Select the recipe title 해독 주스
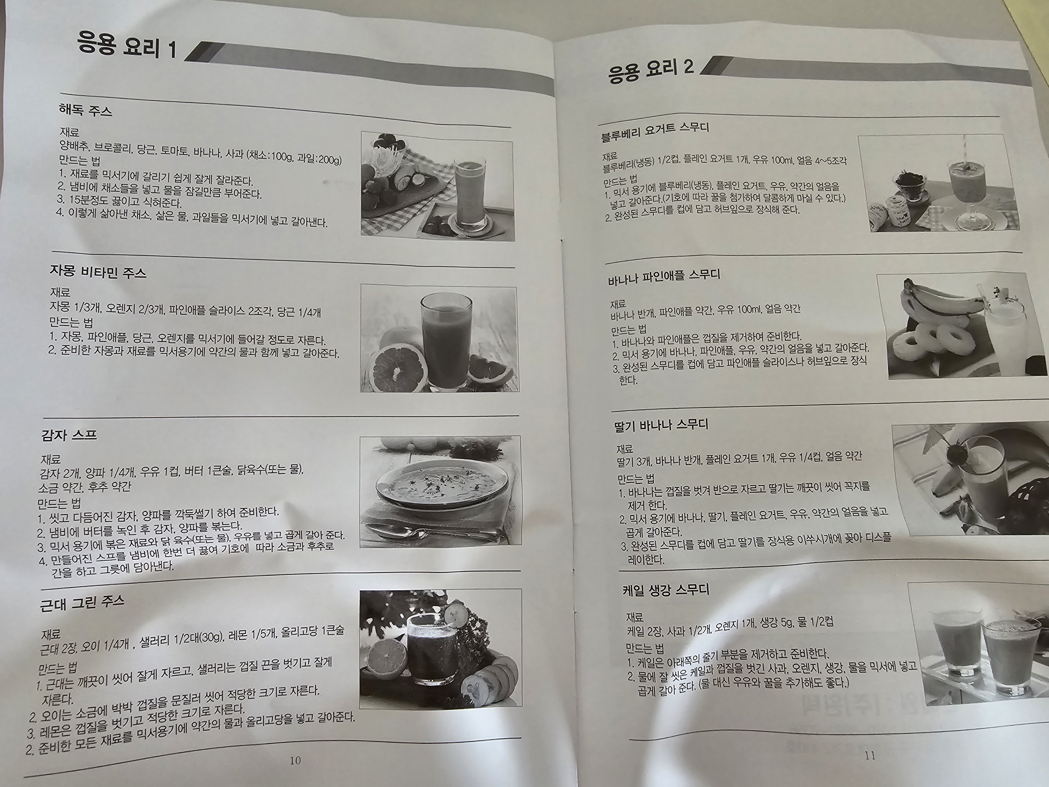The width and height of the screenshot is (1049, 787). click(85, 111)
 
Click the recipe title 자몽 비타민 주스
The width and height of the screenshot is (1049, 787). click(98, 272)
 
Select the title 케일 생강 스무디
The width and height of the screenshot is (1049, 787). click(666, 591)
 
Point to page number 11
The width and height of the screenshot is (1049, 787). click(870, 756)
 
